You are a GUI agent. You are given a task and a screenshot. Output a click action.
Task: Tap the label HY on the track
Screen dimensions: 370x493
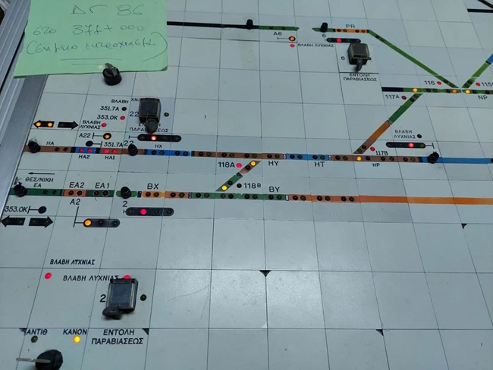click(274, 164)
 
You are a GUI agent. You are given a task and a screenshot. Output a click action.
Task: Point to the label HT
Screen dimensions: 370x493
click(319, 164)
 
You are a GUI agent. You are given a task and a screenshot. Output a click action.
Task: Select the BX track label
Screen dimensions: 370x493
click(152, 186)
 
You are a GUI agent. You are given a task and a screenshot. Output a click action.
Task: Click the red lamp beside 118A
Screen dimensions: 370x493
click(240, 165)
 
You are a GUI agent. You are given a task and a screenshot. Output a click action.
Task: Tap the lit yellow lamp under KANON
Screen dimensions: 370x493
click(76, 339)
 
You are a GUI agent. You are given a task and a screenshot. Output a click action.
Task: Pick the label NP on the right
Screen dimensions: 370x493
click(482, 98)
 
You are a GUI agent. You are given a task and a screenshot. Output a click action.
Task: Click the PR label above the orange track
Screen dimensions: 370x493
click(350, 25)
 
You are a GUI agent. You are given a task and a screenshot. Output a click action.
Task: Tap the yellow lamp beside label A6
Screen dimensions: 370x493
click(292, 37)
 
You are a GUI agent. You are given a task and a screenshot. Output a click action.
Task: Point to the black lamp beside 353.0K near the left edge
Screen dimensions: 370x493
click(42, 210)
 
